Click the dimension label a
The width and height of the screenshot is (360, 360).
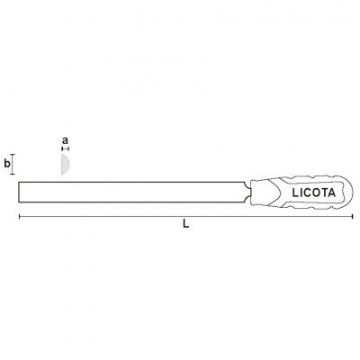[x=65, y=140]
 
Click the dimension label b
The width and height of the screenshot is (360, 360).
[x=7, y=164]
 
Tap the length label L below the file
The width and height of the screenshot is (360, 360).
[x=186, y=223]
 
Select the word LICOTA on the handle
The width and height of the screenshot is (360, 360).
[x=313, y=193]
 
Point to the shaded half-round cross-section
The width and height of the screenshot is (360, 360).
[x=65, y=164]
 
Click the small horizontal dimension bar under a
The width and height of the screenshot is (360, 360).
[x=65, y=148]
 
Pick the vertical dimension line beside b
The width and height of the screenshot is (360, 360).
[x=13, y=164]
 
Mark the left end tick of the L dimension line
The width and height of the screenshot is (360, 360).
[x=20, y=217]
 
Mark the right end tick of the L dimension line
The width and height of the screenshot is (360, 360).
[x=353, y=217]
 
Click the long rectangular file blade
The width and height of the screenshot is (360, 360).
[x=132, y=192]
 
